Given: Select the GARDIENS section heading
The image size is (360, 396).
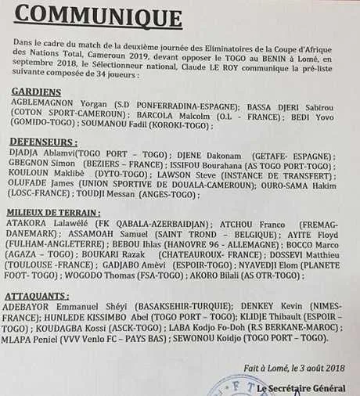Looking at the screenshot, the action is [37, 92].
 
